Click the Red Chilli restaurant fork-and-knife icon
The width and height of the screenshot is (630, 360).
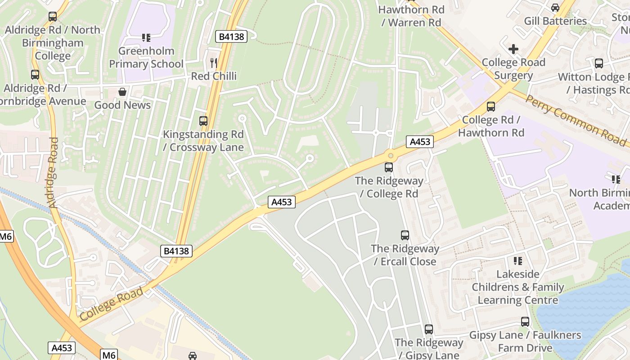(214, 63)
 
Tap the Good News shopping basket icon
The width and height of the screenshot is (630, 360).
(122, 92)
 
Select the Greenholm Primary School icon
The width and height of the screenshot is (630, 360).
(146, 38)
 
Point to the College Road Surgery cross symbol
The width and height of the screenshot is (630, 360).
(513, 49)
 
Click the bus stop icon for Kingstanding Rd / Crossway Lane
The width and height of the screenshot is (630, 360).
(203, 121)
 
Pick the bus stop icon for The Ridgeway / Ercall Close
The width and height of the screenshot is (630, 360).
(405, 235)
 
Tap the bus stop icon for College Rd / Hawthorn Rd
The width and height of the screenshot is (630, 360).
(491, 107)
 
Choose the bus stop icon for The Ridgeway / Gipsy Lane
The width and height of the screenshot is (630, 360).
(429, 329)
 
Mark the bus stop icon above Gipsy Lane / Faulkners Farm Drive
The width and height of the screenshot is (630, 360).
(525, 322)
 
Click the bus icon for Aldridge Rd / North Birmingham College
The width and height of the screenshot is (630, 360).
(53, 17)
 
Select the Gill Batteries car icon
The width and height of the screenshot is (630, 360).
(555, 8)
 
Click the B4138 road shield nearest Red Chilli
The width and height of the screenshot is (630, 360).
(232, 36)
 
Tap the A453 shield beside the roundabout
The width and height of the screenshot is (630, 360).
(420, 142)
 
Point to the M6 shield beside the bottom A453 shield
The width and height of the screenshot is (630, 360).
(109, 355)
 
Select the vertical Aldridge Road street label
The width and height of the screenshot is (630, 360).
(53, 173)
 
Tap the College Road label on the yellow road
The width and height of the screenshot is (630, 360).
(112, 304)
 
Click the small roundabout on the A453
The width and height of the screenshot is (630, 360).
(391, 156)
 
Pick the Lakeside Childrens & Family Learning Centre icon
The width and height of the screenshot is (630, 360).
(518, 261)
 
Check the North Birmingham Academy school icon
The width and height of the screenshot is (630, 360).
(616, 180)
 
